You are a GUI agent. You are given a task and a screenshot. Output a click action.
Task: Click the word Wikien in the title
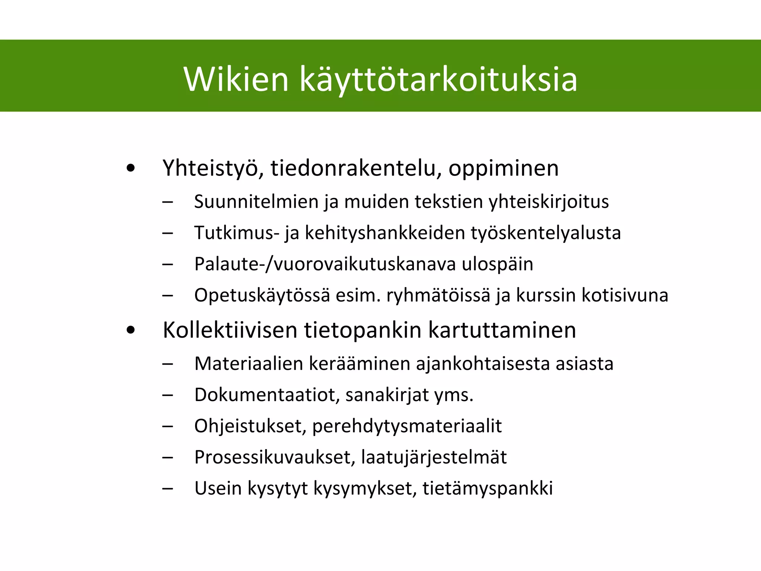(236, 79)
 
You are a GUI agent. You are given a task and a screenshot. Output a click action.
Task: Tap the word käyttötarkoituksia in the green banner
(438, 80)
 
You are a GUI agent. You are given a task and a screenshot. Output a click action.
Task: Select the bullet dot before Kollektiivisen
(130, 330)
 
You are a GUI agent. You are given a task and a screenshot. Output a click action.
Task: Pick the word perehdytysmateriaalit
(407, 426)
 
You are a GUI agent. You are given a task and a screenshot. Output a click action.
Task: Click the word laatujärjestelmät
(434, 458)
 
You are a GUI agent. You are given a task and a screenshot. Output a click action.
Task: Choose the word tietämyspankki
(488, 488)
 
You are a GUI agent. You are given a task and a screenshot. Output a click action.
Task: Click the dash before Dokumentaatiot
(168, 395)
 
